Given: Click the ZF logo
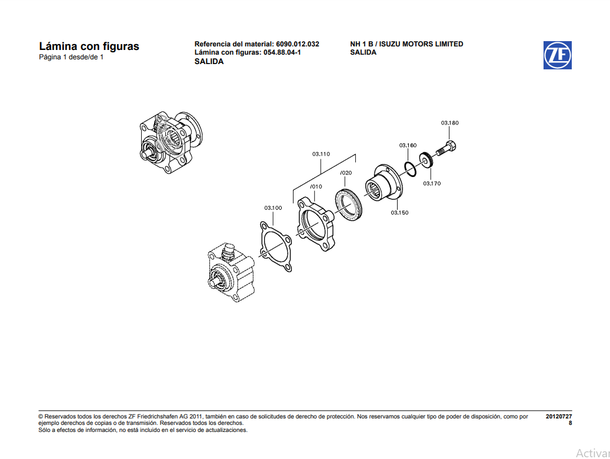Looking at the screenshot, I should [x=557, y=55].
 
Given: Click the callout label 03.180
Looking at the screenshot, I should [x=449, y=123].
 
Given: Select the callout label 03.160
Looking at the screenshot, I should [x=408, y=145].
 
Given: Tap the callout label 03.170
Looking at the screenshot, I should [x=431, y=183].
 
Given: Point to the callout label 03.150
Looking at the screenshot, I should [x=399, y=213].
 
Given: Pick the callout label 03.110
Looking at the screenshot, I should [x=321, y=154].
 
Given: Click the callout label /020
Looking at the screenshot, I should [x=346, y=173].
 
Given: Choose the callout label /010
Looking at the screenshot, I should [x=316, y=187].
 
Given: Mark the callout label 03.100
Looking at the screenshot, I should [x=273, y=207].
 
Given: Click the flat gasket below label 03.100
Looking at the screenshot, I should [x=275, y=246].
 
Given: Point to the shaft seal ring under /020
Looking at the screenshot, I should [x=349, y=205].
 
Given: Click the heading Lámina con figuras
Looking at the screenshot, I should [x=89, y=46].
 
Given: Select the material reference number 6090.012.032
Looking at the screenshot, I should [x=297, y=44].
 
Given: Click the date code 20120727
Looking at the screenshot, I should [x=558, y=416].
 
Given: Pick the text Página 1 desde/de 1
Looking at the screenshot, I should [x=71, y=58].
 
